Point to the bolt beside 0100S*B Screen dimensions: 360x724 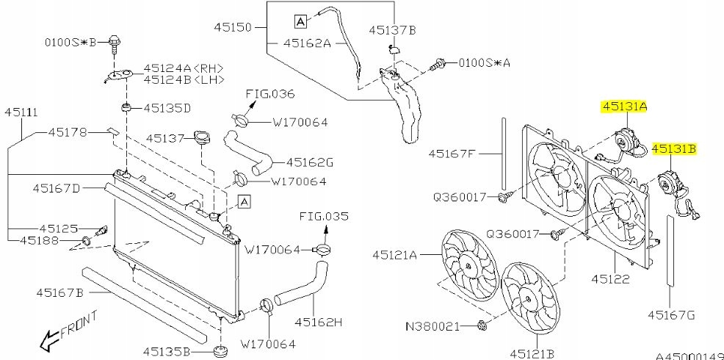tap(115, 42)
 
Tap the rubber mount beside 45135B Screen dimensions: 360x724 tap(220, 350)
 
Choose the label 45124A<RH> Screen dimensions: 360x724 tap(184, 66)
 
